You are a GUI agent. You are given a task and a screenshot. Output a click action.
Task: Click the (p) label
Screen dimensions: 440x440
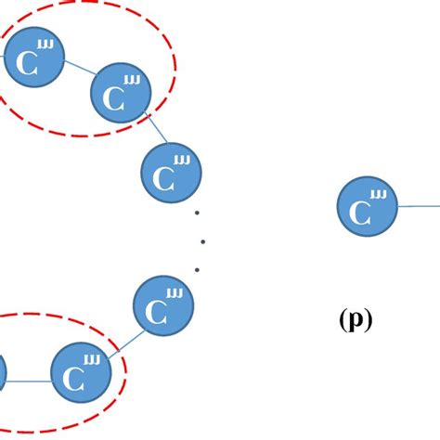tap(356, 320)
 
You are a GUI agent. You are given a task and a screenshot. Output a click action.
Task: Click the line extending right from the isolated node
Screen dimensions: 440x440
tap(420, 206)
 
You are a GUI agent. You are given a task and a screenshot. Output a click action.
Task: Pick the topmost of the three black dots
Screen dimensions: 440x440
tap(198, 214)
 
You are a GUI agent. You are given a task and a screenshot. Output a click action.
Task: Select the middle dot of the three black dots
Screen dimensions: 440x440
tap(201, 242)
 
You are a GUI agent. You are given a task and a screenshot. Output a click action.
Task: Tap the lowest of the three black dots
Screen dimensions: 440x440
tap(197, 270)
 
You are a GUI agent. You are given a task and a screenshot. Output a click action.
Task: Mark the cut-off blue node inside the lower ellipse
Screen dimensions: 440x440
tap(3, 375)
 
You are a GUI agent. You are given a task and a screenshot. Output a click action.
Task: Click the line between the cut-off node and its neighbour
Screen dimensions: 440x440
tap(29, 379)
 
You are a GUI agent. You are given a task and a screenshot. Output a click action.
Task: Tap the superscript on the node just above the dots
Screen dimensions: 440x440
tap(182, 161)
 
